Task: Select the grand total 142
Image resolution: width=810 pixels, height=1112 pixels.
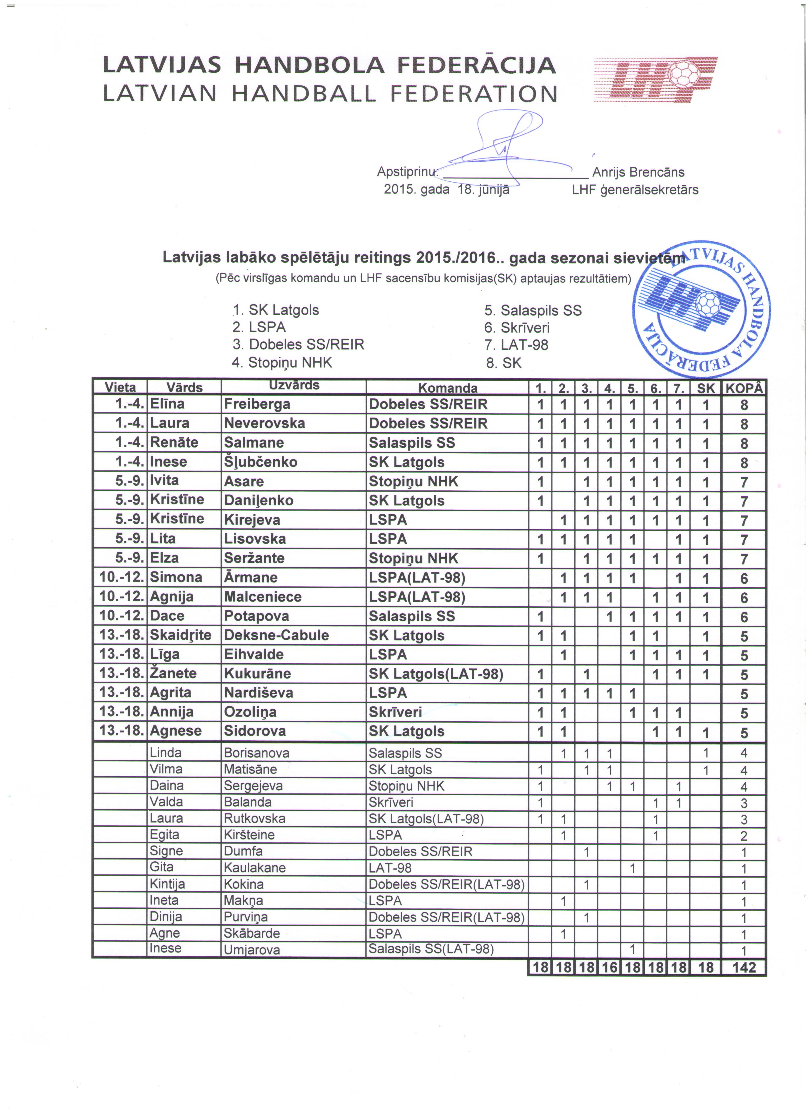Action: tap(744, 967)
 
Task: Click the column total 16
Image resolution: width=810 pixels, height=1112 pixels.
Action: tap(610, 967)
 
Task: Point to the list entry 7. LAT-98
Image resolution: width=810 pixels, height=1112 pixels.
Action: tap(516, 345)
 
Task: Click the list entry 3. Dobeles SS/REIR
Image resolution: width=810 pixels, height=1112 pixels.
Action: tap(299, 345)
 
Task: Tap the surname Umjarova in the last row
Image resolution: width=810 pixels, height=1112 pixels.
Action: tap(252, 950)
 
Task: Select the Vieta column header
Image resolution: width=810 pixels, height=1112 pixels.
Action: tap(120, 387)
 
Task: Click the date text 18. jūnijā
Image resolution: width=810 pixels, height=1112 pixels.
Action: tap(483, 190)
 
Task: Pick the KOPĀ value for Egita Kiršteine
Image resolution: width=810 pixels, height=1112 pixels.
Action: tap(744, 835)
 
